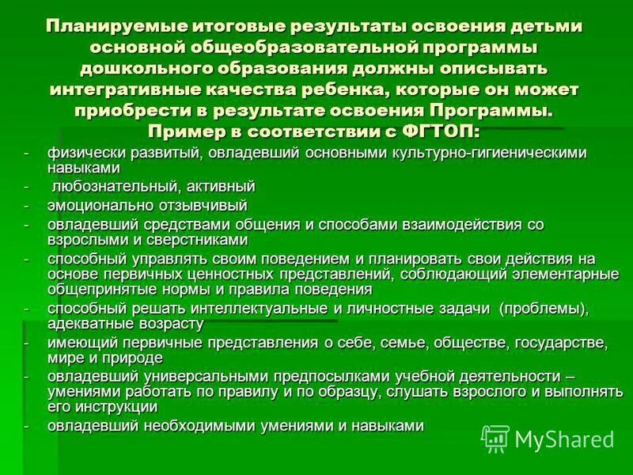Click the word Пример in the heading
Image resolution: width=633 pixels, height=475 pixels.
[185, 130]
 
